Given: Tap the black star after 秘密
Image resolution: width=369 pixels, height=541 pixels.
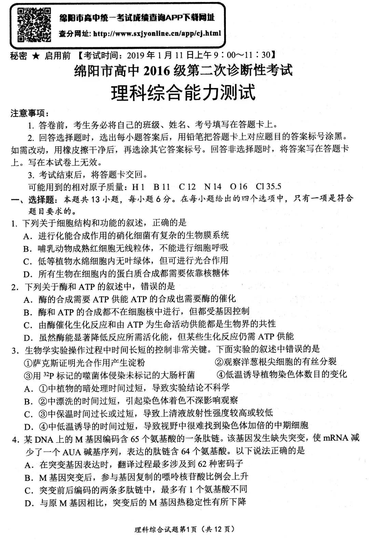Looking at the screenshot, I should click(x=36, y=56).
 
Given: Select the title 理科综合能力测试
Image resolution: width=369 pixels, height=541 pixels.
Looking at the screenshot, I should click(x=183, y=92).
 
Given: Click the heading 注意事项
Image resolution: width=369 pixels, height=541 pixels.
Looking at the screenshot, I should click(x=29, y=113).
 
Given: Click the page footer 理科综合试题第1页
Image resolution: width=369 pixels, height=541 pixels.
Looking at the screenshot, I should click(x=164, y=529).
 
